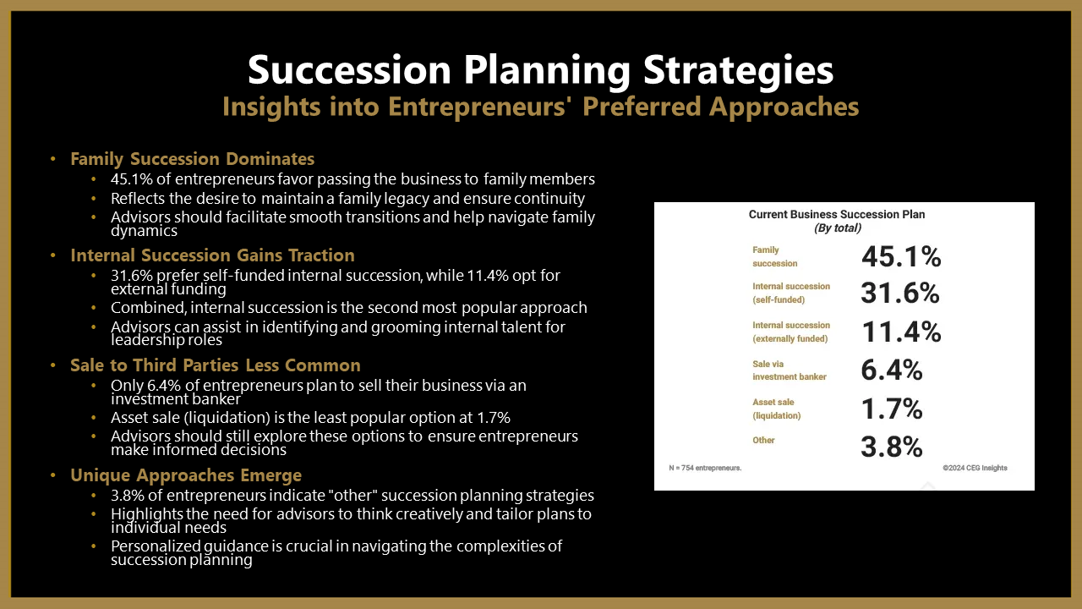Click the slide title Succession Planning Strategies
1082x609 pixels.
pos(540,70)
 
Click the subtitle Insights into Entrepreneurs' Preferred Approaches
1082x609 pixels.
pos(540,107)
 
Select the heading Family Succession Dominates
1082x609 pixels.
pos(192,159)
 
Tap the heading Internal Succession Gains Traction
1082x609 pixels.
pos(212,255)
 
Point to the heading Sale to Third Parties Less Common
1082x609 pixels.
pos(216,365)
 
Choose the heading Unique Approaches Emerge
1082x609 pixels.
pos(186,475)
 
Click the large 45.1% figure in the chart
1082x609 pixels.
pos(901,256)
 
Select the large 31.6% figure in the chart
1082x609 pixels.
pos(900,293)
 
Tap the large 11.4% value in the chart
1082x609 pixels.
pos(902,332)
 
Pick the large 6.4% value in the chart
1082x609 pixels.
pos(892,370)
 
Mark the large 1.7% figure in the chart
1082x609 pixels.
pos(892,409)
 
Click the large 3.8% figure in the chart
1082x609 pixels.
pos(892,447)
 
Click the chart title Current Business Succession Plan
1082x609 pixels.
pos(837,215)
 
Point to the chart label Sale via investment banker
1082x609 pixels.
pos(790,370)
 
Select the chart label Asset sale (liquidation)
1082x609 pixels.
pos(776,409)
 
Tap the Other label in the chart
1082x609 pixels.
pos(763,441)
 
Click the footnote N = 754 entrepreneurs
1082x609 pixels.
pos(705,468)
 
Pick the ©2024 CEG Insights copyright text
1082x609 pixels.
pos(975,468)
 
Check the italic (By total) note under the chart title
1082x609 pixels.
pos(838,228)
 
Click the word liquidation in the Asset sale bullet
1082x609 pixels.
pos(229,418)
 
